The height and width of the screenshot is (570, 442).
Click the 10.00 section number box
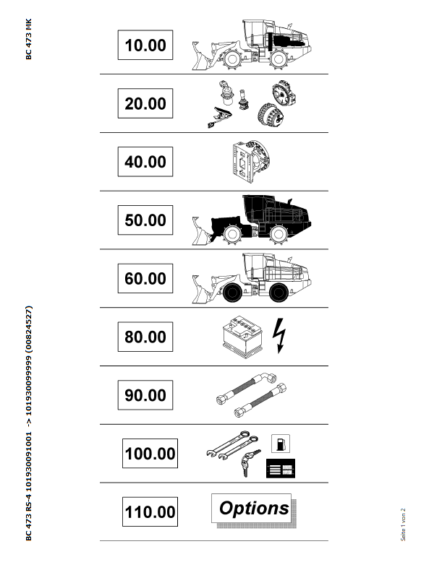coord(145,45)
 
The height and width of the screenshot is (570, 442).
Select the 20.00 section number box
coord(145,103)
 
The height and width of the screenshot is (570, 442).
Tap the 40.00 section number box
coord(145,162)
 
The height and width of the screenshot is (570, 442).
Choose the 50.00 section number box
coord(145,220)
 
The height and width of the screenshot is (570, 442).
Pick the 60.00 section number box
coord(145,278)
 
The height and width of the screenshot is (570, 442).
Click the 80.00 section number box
coord(145,337)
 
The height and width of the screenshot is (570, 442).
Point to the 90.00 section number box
coord(145,395)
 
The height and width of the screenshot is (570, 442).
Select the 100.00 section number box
coord(150,453)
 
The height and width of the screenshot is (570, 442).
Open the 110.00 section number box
coord(150,511)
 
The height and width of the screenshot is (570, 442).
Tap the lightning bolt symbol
coord(279,335)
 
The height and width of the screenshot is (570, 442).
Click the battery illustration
coord(242,337)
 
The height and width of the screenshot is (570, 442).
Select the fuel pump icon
coord(281,444)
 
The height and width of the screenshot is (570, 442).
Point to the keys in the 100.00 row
coord(250,462)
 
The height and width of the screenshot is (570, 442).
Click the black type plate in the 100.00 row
coord(281,469)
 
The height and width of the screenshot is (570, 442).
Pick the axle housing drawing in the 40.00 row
coord(251,161)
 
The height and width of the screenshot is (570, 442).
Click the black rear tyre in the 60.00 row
coord(279,293)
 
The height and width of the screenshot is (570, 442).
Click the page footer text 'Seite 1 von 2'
coord(403,524)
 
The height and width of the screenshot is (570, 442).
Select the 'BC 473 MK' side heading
coord(29,39)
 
